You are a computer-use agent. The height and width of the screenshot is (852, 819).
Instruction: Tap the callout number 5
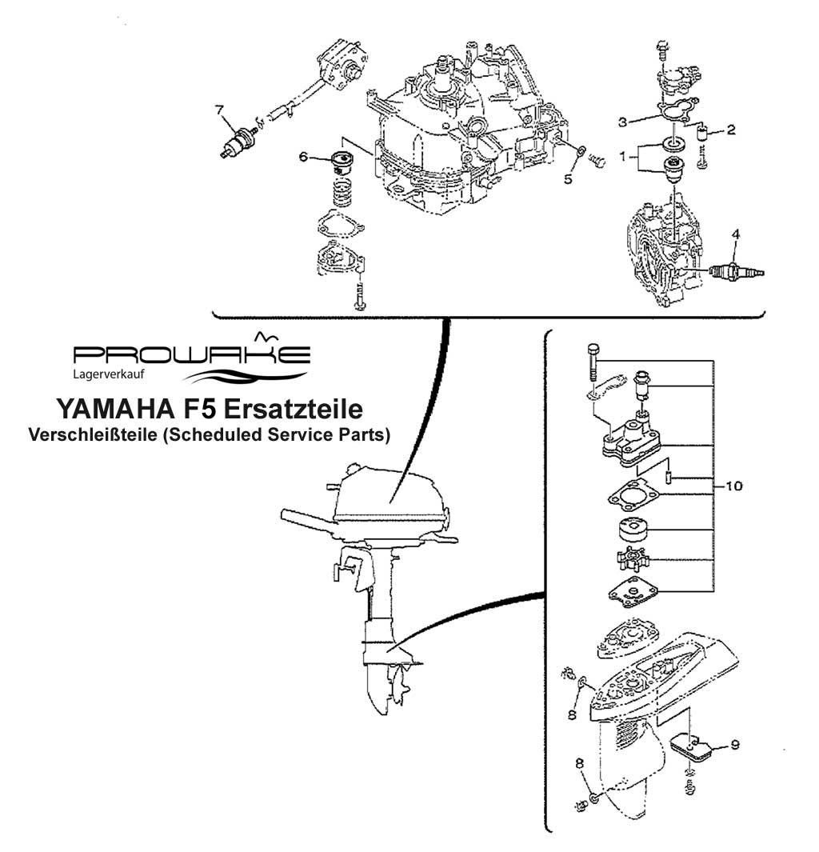(568, 179)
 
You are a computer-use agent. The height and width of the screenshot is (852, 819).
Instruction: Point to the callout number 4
(736, 234)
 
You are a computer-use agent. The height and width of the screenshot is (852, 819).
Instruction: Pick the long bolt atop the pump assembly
(593, 362)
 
